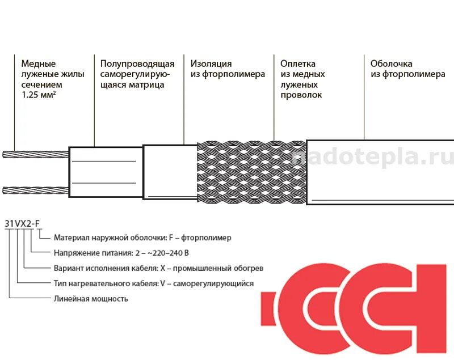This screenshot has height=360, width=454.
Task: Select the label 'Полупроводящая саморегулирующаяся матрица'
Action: click(x=137, y=74)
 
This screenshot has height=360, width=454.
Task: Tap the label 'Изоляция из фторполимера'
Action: click(x=228, y=69)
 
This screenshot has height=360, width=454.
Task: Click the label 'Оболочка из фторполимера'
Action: click(x=407, y=69)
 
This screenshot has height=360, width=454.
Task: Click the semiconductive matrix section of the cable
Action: click(x=105, y=172)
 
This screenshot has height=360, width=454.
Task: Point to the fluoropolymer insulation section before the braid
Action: click(x=169, y=172)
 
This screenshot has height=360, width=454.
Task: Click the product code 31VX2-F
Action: click(x=22, y=223)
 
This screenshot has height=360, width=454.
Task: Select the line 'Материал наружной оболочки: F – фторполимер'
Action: click(x=142, y=238)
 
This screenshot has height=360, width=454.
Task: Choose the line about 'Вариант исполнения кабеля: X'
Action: click(x=158, y=268)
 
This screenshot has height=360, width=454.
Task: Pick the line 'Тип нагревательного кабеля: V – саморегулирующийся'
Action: click(x=153, y=283)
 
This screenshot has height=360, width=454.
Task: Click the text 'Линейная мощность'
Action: click(x=91, y=299)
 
